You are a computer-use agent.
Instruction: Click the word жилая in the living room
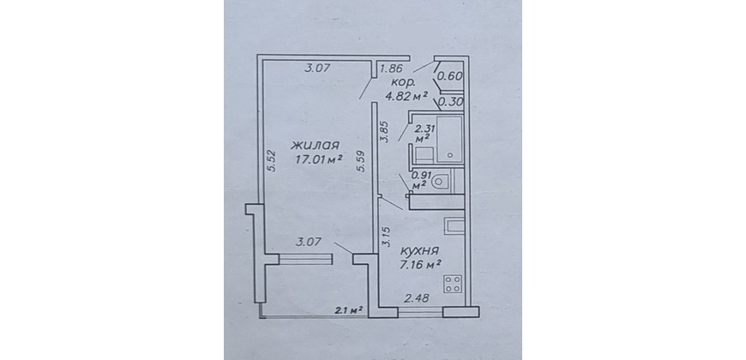click(x=315, y=145)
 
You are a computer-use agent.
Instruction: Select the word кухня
click(x=419, y=251)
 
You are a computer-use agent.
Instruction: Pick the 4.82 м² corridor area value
click(x=406, y=96)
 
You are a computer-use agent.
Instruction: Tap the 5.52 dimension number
click(x=272, y=164)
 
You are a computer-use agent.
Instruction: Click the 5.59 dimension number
click(x=361, y=162)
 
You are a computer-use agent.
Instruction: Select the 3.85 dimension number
click(x=385, y=132)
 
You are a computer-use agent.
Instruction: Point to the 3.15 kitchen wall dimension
click(x=387, y=237)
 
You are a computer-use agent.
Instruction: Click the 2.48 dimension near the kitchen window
click(x=417, y=298)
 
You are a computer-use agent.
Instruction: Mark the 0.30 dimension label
click(x=448, y=102)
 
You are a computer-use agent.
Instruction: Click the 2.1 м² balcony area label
click(x=349, y=311)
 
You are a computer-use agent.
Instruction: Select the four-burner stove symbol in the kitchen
click(x=453, y=284)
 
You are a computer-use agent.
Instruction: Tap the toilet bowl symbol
click(x=440, y=181)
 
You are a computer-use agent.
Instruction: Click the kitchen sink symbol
click(x=454, y=226)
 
